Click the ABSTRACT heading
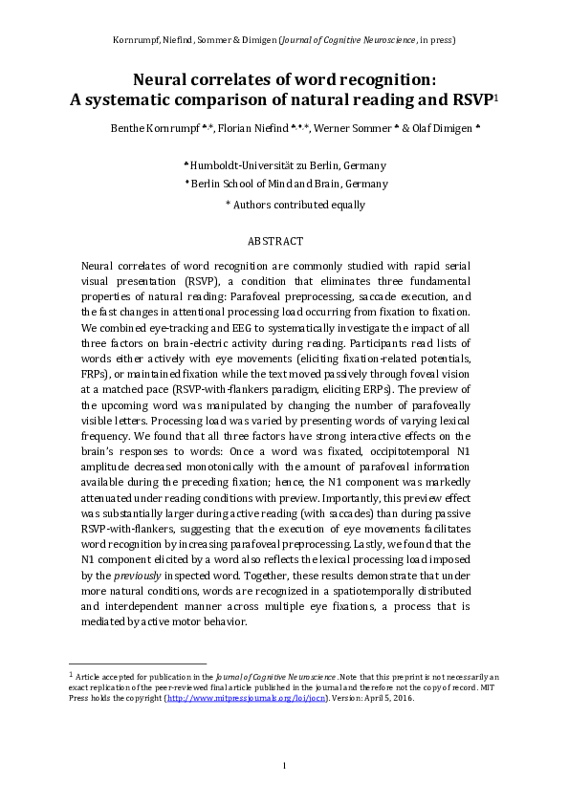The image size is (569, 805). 275,242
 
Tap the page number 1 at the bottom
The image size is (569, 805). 284,765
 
